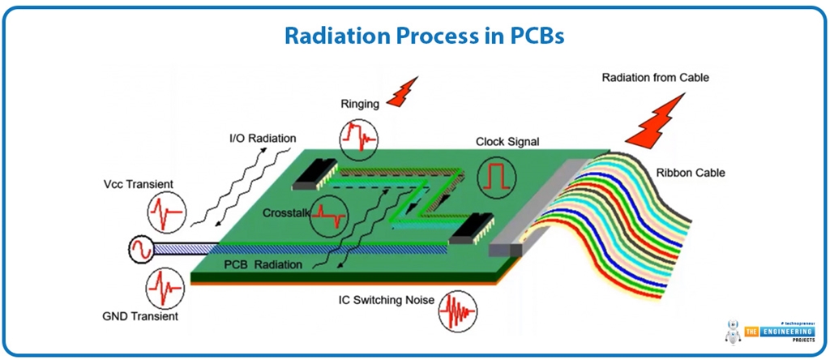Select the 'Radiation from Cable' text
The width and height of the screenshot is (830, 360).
pos(655,78)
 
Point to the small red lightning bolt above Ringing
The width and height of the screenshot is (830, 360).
pos(403,92)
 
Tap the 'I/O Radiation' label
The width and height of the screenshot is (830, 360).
pos(261,139)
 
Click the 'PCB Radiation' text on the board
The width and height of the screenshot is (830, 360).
pos(263,264)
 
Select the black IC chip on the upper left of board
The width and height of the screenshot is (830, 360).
pos(313,170)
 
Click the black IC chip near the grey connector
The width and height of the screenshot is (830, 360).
pos(469,233)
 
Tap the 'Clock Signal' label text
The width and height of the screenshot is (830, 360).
pos(507,142)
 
